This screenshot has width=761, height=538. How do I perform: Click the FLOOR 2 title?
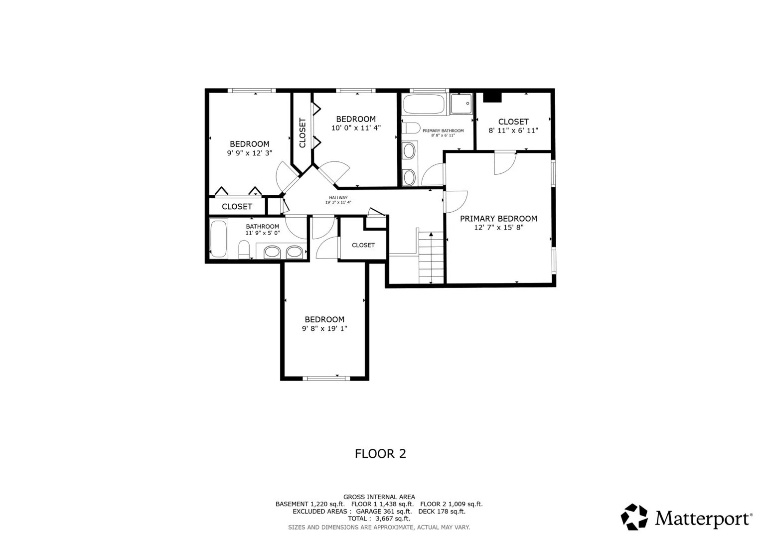click(x=380, y=454)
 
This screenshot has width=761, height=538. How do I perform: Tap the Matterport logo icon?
click(x=634, y=517)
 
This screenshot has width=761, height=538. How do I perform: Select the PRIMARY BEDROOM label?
click(x=498, y=219)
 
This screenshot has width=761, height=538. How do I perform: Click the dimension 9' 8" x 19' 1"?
click(x=324, y=328)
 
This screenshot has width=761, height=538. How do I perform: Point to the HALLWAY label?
click(x=338, y=198)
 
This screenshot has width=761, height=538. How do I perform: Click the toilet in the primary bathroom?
click(x=410, y=128)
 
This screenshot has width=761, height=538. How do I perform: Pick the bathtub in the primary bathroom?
click(x=424, y=104)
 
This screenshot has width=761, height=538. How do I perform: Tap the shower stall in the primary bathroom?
click(x=461, y=104)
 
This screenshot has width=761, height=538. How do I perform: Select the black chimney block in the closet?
click(x=492, y=97)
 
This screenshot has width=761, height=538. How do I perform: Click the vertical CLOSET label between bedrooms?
click(x=303, y=133)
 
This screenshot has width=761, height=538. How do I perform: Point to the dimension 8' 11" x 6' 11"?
click(x=513, y=131)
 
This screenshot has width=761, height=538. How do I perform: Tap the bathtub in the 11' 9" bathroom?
click(x=218, y=239)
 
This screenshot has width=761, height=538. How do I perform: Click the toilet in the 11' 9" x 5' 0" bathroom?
click(x=244, y=250)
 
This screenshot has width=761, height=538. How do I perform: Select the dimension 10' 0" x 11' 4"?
click(x=356, y=128)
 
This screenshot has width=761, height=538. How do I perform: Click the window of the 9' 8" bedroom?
click(x=326, y=379)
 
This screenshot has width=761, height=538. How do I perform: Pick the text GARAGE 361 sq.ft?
click(x=384, y=511)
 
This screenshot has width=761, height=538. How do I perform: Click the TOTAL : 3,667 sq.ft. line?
click(x=379, y=518)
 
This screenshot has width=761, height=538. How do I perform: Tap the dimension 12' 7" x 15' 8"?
click(x=499, y=228)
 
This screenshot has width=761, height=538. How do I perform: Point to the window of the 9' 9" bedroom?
click(x=252, y=90)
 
